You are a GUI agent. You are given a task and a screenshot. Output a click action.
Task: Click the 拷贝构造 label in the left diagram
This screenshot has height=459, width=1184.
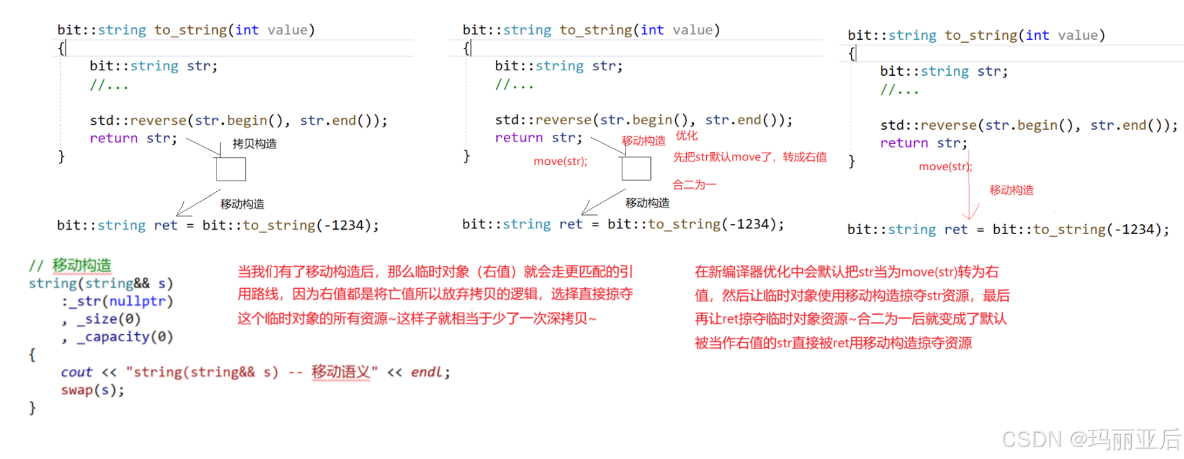click(x=254, y=143)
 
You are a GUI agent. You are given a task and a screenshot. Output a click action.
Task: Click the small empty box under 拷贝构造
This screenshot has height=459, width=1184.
click(x=231, y=169)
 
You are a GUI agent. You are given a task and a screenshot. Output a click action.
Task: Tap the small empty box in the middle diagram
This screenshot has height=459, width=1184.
click(x=636, y=168)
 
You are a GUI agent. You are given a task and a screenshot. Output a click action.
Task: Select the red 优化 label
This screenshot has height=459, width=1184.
click(x=686, y=135)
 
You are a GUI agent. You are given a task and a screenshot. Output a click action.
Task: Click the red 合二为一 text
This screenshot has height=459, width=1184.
click(x=694, y=184)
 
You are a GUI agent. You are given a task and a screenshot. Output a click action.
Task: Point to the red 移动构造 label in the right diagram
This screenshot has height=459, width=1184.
click(x=1011, y=190)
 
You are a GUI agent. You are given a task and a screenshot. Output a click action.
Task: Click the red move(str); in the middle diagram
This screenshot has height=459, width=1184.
click(x=560, y=161)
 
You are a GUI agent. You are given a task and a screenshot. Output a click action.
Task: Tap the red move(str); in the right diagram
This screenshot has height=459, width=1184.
click(x=945, y=166)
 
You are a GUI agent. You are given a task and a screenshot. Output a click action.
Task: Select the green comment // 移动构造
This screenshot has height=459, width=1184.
click(x=70, y=265)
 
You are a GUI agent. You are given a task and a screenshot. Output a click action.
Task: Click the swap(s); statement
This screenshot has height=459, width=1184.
click(x=92, y=390)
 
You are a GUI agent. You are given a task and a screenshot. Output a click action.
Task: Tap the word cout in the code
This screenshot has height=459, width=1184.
click(x=76, y=372)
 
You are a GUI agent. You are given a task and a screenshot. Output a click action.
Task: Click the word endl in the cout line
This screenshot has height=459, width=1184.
click(x=426, y=372)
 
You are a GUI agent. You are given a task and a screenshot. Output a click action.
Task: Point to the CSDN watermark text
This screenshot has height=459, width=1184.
click(x=1091, y=439)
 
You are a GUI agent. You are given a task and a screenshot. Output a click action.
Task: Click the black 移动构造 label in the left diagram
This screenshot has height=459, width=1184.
click(x=242, y=204)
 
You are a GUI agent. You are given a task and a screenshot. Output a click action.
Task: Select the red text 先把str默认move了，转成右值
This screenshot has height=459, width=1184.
click(x=750, y=157)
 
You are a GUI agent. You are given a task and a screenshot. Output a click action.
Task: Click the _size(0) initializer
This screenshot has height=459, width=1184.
click(x=109, y=319)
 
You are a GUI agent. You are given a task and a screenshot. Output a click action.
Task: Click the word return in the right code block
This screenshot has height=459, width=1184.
click(x=904, y=143)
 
